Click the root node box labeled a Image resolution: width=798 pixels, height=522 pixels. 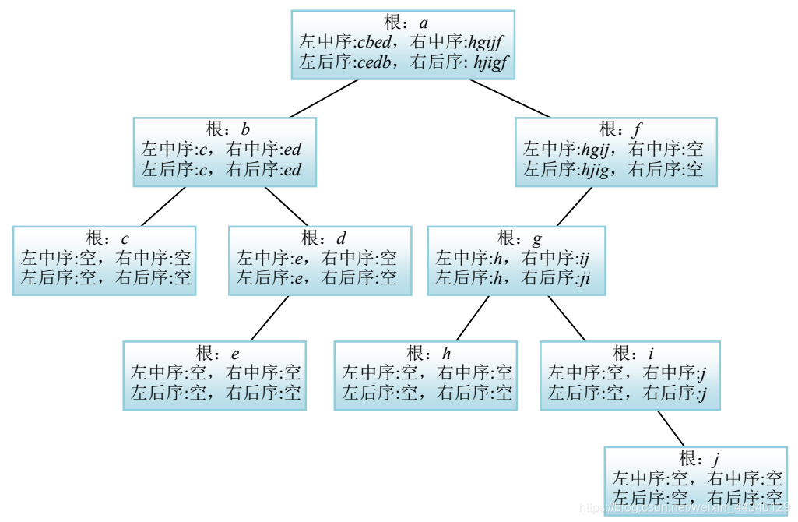[x=403, y=44]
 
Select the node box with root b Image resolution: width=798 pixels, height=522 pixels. [x=224, y=152]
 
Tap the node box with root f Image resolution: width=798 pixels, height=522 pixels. [x=616, y=152]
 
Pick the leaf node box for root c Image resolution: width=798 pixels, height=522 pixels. [x=104, y=260]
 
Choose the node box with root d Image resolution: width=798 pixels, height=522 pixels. [x=319, y=260]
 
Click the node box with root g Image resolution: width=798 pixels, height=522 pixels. [x=516, y=260]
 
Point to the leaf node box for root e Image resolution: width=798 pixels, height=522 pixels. [x=214, y=376]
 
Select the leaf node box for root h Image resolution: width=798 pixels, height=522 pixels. [x=425, y=376]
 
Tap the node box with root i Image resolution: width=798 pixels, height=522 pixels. [x=630, y=376]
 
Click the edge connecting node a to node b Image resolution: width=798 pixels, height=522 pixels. [x=324, y=98]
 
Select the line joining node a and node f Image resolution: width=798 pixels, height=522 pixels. [x=509, y=98]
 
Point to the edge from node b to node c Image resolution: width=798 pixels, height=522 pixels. [x=163, y=206]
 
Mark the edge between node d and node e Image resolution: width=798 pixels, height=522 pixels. [x=269, y=319]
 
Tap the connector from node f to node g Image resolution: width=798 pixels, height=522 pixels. [x=575, y=206]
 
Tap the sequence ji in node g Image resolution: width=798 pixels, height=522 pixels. [x=584, y=278]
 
